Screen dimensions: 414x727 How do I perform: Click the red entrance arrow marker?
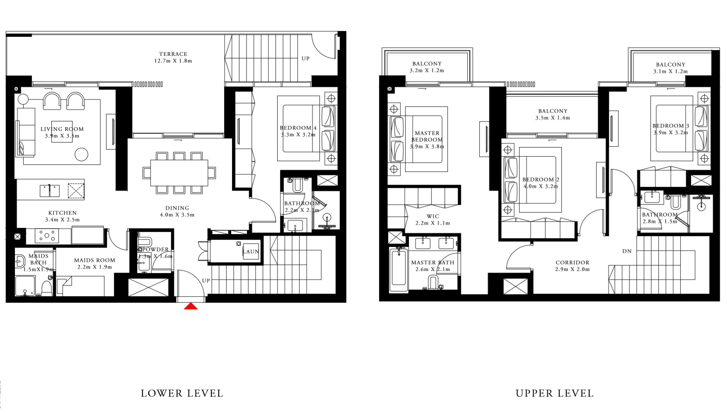(x=191, y=306)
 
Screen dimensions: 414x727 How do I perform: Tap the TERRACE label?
(x=173, y=54)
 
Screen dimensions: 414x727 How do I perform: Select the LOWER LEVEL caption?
(x=182, y=393)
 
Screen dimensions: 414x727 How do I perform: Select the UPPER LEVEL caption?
(x=554, y=393)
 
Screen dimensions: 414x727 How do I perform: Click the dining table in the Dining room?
(x=179, y=172)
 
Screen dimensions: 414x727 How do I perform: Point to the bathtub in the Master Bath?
(x=399, y=270)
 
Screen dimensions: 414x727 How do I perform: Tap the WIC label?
(x=433, y=216)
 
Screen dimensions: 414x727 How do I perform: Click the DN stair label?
(x=627, y=251)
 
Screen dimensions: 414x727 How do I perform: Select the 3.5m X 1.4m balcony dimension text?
(x=553, y=118)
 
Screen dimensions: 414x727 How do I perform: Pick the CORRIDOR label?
(x=572, y=262)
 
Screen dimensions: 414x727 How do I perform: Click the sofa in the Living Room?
(x=25, y=132)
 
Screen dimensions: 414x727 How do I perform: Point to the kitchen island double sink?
(x=50, y=191)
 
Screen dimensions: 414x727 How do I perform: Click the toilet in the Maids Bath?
(x=47, y=287)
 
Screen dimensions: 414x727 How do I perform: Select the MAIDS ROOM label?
(x=94, y=260)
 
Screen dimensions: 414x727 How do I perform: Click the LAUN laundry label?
(x=251, y=252)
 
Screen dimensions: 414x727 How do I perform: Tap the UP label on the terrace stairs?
(x=305, y=58)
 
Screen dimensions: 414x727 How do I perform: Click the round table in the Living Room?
(x=81, y=155)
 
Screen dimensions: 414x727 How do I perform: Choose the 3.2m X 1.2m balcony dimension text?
(x=427, y=71)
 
